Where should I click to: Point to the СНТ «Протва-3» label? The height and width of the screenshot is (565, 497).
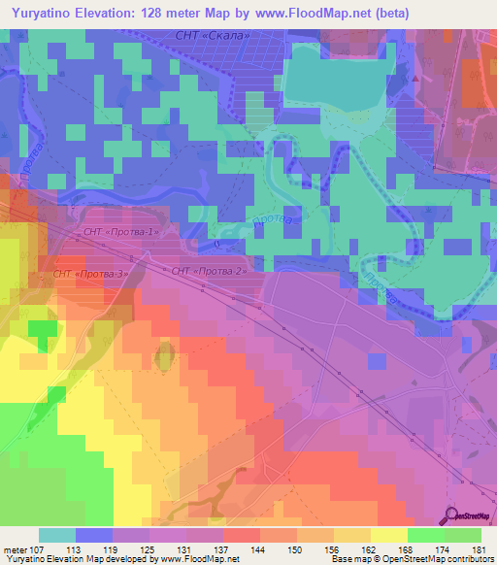[x=90, y=275]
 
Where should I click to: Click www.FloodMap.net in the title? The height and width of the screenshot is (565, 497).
[x=296, y=13]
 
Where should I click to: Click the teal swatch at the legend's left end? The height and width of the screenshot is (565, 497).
[x=57, y=535]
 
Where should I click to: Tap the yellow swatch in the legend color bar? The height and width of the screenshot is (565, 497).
[x=389, y=535]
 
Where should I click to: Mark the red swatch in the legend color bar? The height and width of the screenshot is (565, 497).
[x=242, y=535]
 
